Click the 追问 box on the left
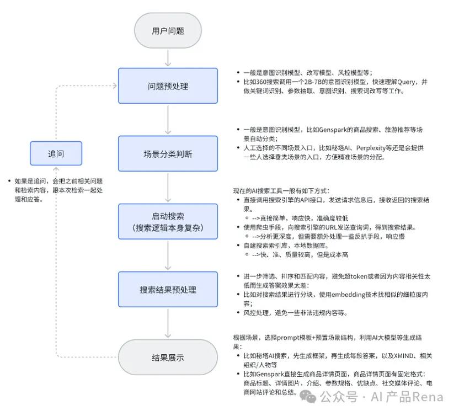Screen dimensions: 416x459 pyautogui.click(x=56, y=154)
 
